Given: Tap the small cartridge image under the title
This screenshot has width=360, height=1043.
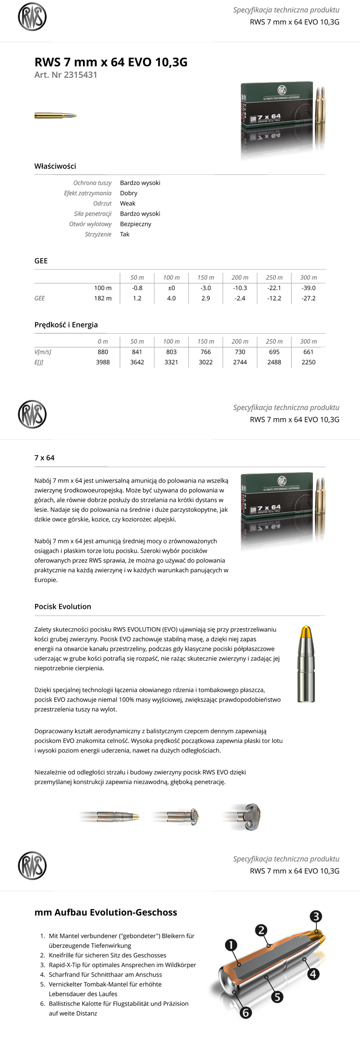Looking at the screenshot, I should pyautogui.click(x=55, y=116).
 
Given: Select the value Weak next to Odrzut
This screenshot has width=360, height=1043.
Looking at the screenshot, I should pyautogui.click(x=128, y=204).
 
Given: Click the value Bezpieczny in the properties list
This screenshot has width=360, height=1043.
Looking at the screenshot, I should pyautogui.click(x=135, y=224).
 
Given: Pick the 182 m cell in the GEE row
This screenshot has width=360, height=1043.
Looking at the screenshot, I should pyautogui.click(x=103, y=298).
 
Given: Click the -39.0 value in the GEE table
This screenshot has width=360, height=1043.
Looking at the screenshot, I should pyautogui.click(x=308, y=288).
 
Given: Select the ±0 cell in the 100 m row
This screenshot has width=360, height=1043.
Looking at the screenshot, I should pyautogui.click(x=171, y=288).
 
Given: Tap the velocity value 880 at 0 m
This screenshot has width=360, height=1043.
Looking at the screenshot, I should pyautogui.click(x=103, y=352).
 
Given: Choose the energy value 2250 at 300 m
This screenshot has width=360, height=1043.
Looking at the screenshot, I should pyautogui.click(x=308, y=362).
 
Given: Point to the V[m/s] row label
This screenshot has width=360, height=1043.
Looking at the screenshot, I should pyautogui.click(x=43, y=352).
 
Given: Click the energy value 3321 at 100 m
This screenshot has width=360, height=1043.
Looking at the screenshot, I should pyautogui.click(x=171, y=362).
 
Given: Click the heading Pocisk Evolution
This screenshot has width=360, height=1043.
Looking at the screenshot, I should pyautogui.click(x=63, y=606).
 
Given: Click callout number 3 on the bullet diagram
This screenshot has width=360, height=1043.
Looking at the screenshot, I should pyautogui.click(x=315, y=916).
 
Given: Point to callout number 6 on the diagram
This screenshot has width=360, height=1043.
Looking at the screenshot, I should pyautogui.click(x=245, y=1013).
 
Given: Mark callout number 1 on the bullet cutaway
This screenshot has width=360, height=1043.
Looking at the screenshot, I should pyautogui.click(x=231, y=945).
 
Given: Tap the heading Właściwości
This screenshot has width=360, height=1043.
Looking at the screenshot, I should pyautogui.click(x=55, y=166).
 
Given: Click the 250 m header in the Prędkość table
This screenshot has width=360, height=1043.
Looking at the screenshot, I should pyautogui.click(x=274, y=341).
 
